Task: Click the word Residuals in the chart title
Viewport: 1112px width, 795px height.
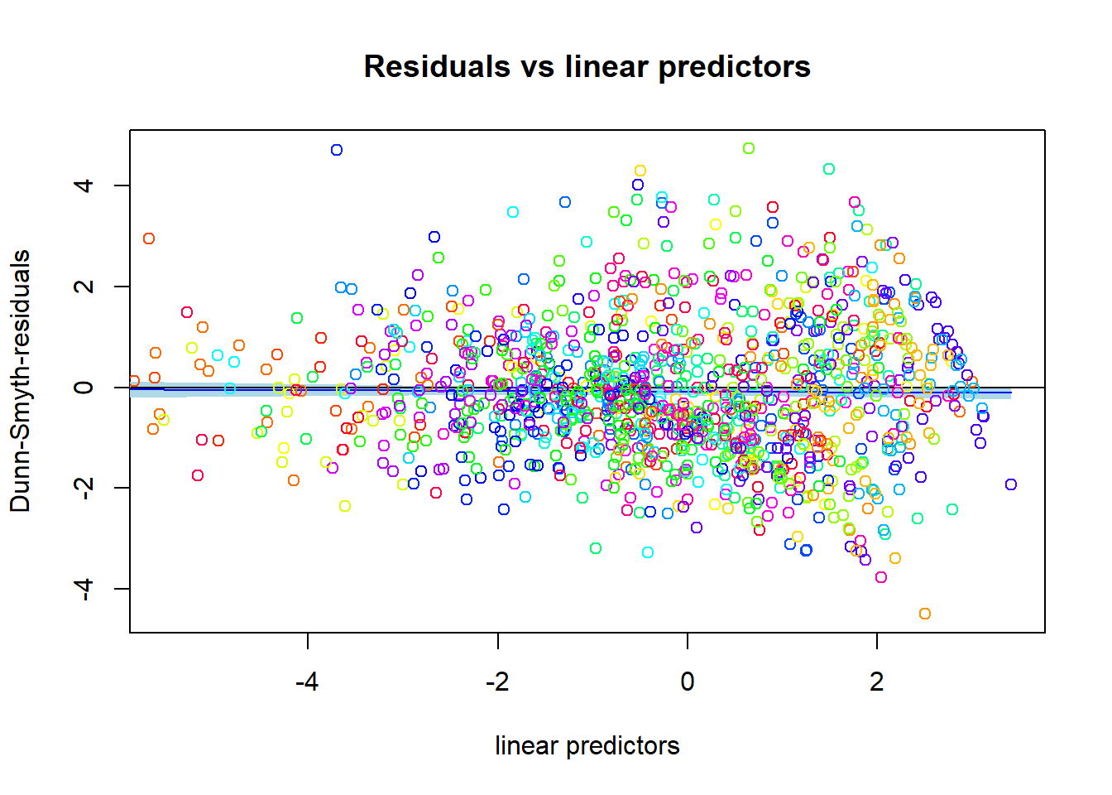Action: (x=436, y=66)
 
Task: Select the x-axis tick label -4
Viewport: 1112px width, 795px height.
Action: (x=307, y=682)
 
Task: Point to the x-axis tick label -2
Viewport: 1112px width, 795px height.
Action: (x=496, y=682)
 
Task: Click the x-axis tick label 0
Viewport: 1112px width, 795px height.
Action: (x=687, y=682)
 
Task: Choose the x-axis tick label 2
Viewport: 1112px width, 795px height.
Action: (x=876, y=682)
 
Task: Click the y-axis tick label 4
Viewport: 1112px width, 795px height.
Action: (x=83, y=185)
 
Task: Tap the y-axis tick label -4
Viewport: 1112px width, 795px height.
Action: (x=83, y=588)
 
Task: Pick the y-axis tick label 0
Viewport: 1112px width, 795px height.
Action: (x=83, y=387)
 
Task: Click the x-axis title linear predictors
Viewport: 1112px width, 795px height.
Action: (x=587, y=745)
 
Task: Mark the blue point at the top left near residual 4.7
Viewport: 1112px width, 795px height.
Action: (x=337, y=150)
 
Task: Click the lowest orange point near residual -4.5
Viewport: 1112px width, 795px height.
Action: (x=925, y=614)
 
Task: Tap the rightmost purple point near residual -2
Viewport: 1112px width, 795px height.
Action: (x=1010, y=484)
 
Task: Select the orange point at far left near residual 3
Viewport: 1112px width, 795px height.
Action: (x=149, y=238)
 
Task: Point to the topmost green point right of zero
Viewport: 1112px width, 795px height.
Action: (x=749, y=148)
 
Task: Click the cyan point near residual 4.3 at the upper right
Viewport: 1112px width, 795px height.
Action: (x=829, y=169)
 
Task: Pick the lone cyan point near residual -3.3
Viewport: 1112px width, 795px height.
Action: (x=648, y=552)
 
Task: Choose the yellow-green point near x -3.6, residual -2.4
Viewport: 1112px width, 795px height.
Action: (x=345, y=506)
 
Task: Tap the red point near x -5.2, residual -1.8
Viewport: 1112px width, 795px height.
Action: (x=198, y=475)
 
